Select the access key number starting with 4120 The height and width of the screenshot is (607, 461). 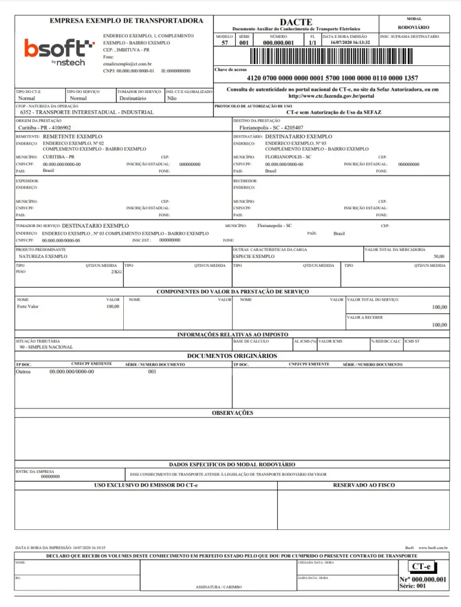(x=332, y=78)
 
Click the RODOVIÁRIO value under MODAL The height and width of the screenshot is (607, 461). (x=414, y=27)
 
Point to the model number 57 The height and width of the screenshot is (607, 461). (x=225, y=43)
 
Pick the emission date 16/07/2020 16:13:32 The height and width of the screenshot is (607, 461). (x=350, y=43)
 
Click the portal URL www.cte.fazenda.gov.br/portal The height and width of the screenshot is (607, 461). (x=331, y=96)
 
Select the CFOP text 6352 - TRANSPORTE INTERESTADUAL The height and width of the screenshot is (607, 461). (x=87, y=112)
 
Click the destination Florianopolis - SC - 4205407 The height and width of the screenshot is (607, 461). (x=271, y=127)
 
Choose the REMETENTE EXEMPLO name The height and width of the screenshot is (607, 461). (x=73, y=136)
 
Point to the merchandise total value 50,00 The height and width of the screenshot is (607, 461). (x=438, y=256)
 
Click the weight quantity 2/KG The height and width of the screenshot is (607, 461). (x=116, y=271)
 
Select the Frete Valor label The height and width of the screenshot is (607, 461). (x=28, y=306)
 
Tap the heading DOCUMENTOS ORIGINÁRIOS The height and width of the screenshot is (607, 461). (x=232, y=356)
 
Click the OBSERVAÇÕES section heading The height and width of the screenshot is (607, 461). (x=232, y=413)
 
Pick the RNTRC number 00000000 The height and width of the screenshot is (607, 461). (x=50, y=477)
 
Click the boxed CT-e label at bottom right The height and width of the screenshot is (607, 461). (x=421, y=567)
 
